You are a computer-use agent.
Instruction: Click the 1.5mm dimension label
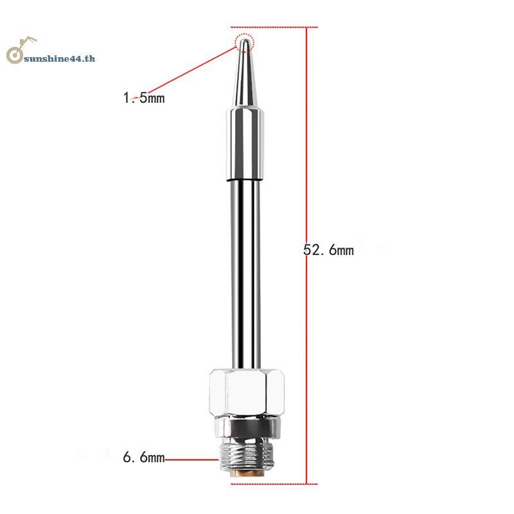pos(143,98)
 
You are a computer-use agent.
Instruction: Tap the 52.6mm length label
pos(328,250)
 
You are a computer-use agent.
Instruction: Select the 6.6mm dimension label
pos(143,457)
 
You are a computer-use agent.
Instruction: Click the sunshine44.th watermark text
pos(60,58)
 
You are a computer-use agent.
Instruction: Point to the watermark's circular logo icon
pos(15,55)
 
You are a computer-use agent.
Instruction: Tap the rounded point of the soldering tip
pos(244,42)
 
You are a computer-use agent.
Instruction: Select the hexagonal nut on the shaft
pos(247,393)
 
